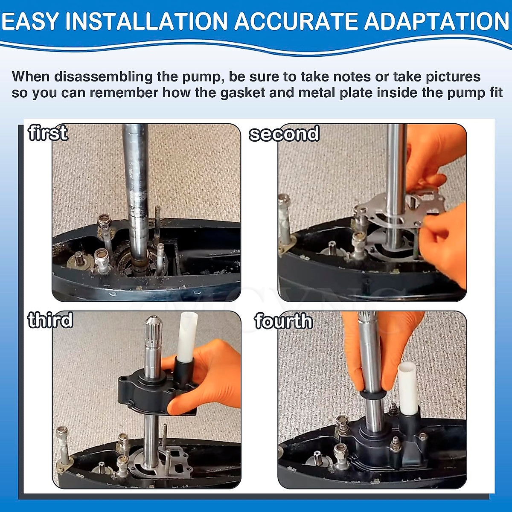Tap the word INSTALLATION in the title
tap(146, 21)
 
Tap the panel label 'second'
tap(284, 134)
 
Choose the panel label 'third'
tap(50, 320)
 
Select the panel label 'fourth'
tap(283, 321)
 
